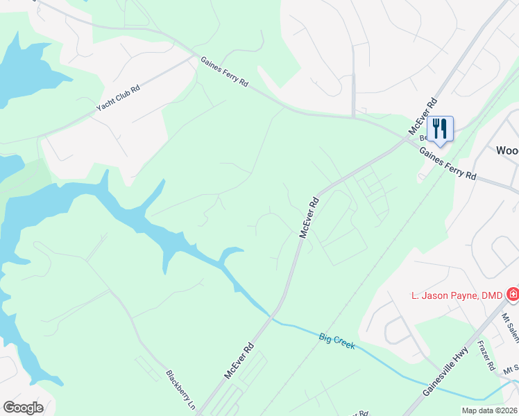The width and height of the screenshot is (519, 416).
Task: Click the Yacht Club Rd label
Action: click(x=118, y=99)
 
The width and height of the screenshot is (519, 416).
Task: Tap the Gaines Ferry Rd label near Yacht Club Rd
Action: click(x=224, y=72)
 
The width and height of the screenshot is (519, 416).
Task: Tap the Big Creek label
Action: click(x=337, y=340)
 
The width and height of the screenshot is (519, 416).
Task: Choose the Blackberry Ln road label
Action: click(x=179, y=385)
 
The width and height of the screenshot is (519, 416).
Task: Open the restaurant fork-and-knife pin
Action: click(x=440, y=128)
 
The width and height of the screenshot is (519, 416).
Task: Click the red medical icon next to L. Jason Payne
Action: click(x=513, y=295)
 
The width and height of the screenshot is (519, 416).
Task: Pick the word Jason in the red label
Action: click(x=433, y=296)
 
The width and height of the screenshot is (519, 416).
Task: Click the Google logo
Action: click(x=23, y=407)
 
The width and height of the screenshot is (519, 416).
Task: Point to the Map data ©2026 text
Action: click(x=488, y=410)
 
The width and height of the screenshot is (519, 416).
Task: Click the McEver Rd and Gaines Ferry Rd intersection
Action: click(x=407, y=137)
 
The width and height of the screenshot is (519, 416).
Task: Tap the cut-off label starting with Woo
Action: click(x=507, y=150)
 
